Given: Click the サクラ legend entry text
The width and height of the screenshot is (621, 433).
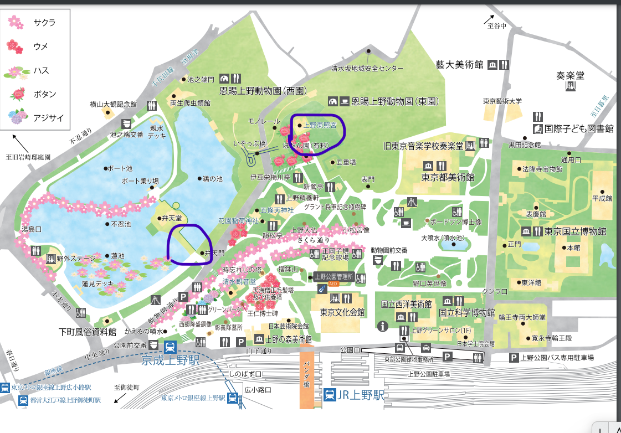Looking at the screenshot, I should coord(44,23).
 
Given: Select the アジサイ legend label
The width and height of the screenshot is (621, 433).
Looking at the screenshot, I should coord(48,118).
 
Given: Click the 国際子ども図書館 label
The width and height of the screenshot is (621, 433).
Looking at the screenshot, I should coord(578,128).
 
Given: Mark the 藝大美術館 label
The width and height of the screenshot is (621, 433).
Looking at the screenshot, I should coord(459,64).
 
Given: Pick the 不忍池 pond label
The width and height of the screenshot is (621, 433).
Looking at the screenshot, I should coord(121,224).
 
